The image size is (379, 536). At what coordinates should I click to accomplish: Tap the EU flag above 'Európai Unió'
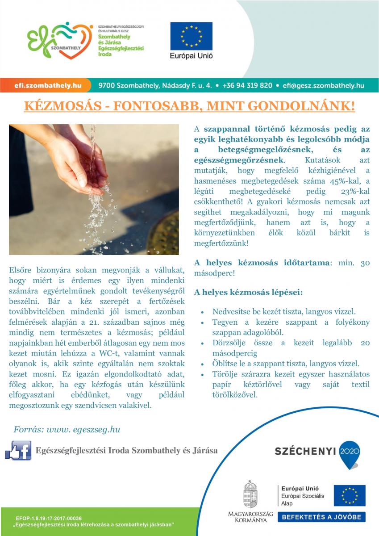tap(191, 36)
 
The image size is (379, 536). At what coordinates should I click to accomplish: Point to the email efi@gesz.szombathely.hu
tap(321, 85)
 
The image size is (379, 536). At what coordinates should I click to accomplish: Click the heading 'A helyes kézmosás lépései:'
tap(248, 293)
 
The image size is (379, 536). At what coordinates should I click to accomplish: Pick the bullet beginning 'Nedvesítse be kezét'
tap(284, 311)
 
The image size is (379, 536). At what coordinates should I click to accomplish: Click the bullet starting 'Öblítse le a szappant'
tap(286, 364)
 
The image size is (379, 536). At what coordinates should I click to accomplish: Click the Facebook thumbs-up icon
tap(18, 449)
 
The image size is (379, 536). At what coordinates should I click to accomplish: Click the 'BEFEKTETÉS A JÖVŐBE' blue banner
tap(322, 517)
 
